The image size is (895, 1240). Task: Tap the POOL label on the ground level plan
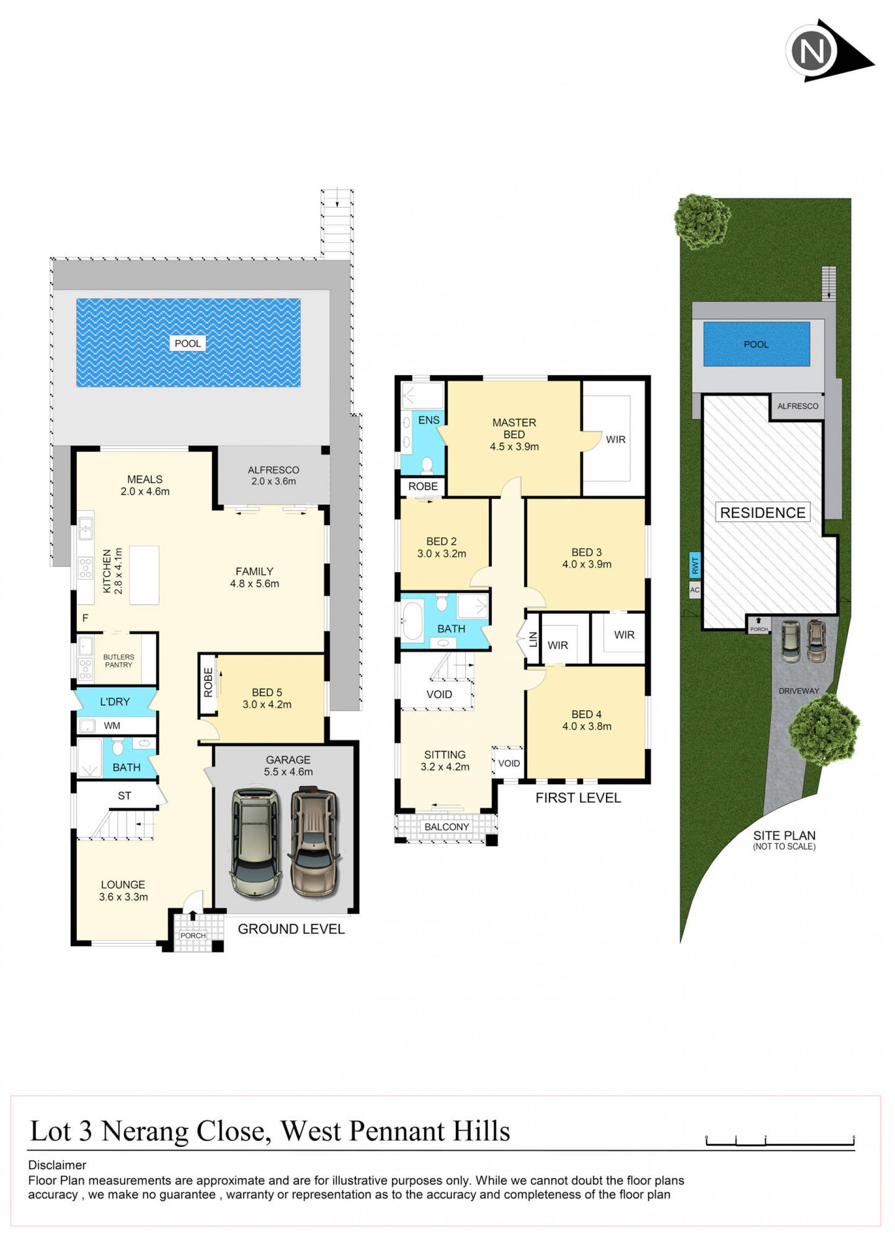(x=188, y=343)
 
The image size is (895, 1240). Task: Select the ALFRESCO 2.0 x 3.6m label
(x=274, y=476)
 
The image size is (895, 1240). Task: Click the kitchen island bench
(x=145, y=575)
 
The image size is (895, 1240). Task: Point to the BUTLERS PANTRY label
(x=119, y=661)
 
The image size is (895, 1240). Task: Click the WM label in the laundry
(x=112, y=726)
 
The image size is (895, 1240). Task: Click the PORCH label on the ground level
(x=193, y=935)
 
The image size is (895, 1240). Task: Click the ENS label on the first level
(x=429, y=420)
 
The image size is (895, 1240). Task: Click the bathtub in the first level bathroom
(x=413, y=621)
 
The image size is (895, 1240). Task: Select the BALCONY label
(x=447, y=827)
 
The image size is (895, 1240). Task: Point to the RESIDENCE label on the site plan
(x=763, y=512)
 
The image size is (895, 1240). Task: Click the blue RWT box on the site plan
(x=695, y=565)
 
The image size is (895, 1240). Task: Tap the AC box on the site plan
(x=695, y=590)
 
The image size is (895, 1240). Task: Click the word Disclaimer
(x=57, y=1165)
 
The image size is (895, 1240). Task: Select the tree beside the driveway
(x=824, y=729)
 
